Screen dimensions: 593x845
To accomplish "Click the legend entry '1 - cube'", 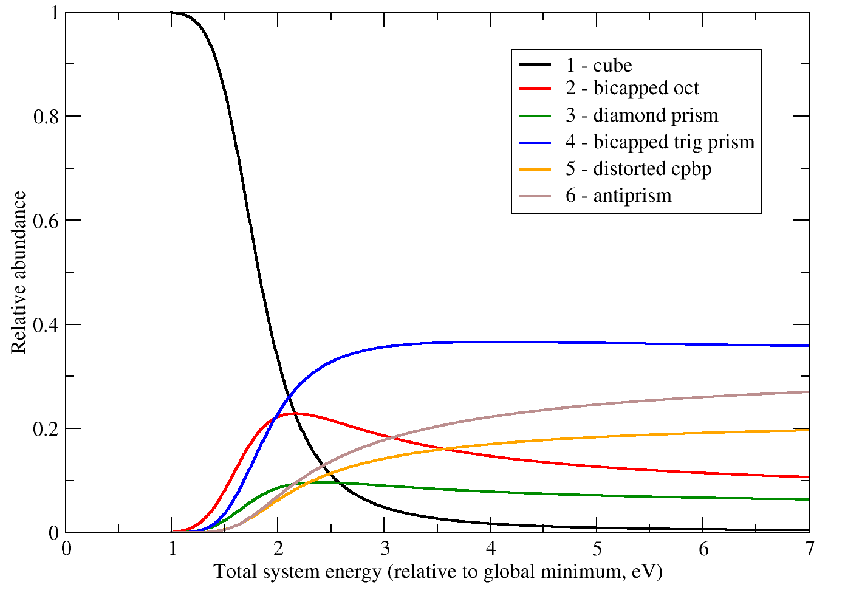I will (x=599, y=66).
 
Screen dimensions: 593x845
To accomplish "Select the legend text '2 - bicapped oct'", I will (x=632, y=89).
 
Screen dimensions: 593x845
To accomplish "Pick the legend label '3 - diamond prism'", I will (x=641, y=115).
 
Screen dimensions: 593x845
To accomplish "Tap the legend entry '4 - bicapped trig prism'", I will (x=660, y=142).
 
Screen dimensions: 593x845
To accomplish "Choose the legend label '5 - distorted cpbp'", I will (x=638, y=169).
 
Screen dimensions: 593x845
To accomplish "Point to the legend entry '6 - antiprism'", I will (x=618, y=196).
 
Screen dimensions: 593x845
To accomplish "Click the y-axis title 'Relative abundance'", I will (x=19, y=272).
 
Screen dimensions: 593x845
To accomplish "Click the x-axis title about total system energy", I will (x=437, y=572).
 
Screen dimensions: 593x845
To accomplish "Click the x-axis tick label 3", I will (x=385, y=549).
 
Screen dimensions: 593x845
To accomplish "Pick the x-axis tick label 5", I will (x=597, y=549).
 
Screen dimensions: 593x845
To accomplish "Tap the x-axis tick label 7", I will (x=809, y=549).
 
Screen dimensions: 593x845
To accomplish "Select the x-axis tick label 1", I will (x=173, y=549).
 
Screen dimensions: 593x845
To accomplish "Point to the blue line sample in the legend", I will (x=535, y=142).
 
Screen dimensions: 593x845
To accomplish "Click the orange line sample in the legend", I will (x=535, y=169).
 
